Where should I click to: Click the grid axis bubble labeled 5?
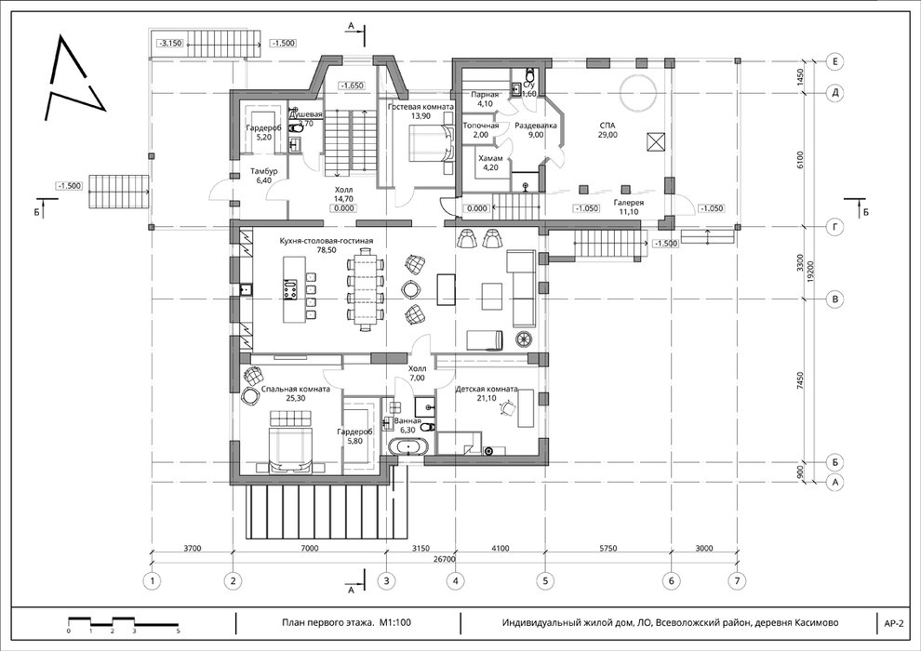(x=545, y=581)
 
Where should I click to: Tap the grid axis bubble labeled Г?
(x=834, y=227)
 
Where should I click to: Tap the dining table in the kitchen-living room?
(x=367, y=288)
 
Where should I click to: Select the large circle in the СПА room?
(x=638, y=93)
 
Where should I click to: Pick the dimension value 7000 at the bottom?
(x=309, y=549)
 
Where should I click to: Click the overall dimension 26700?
(x=445, y=560)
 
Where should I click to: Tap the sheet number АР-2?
(x=893, y=623)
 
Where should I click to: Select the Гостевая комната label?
(x=420, y=108)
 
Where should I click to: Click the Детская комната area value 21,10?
(x=487, y=398)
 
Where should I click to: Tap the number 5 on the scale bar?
(x=178, y=631)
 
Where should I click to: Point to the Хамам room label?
(x=490, y=158)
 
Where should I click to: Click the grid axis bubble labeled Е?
(x=834, y=61)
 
